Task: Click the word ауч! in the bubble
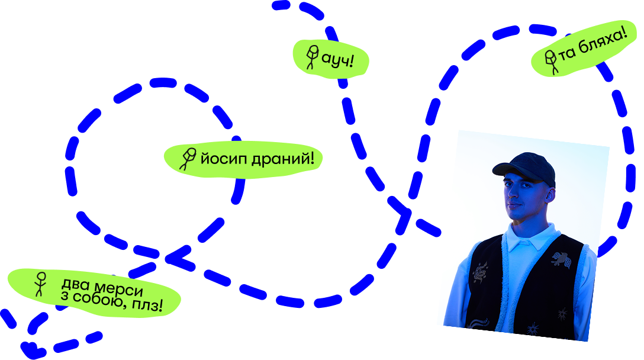337,59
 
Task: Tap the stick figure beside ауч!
311,57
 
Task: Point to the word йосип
221,159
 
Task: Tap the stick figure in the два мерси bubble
40,284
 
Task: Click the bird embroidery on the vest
561,259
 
